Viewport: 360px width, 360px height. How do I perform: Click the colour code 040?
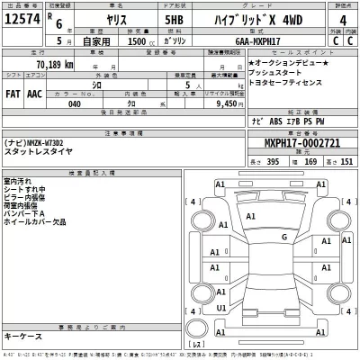tap(76, 103)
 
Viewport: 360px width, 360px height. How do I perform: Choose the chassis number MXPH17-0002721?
tap(302, 142)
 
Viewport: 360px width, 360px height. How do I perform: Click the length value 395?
tap(273, 160)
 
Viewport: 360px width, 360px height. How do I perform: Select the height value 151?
tap(346, 160)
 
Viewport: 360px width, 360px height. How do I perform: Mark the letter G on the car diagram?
tap(283, 237)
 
